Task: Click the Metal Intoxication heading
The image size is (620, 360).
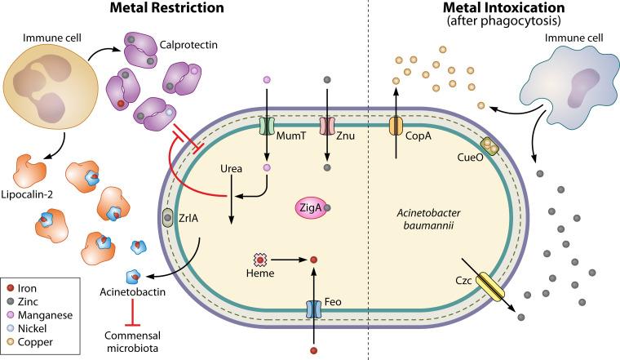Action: point(498,9)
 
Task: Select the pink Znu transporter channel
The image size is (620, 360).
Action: point(327,127)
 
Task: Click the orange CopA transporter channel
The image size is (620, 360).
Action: point(396,127)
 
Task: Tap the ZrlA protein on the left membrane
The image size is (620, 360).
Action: point(168,219)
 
